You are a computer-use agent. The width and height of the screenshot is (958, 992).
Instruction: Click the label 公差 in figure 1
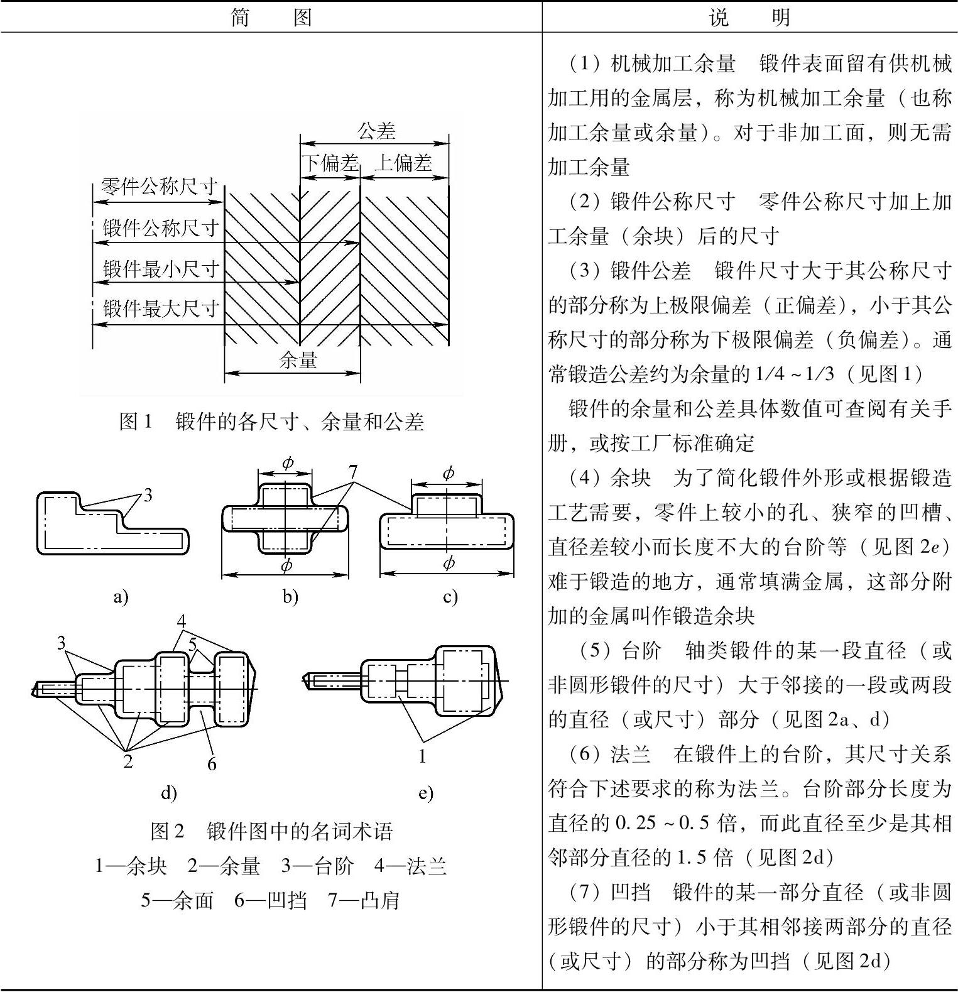376,131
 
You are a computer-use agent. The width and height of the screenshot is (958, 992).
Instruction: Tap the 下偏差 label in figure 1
330,163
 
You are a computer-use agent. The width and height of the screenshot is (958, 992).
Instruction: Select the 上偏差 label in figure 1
403,163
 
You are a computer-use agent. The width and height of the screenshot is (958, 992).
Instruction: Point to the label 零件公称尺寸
159,187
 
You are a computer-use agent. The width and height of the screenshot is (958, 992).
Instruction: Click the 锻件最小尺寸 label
161,270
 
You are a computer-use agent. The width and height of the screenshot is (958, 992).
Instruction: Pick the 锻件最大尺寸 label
161,308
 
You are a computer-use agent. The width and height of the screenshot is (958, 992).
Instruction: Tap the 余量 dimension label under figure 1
298,361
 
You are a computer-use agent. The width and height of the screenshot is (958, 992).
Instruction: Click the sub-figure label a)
121,596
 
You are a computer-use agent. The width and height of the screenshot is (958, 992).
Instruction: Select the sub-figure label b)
290,596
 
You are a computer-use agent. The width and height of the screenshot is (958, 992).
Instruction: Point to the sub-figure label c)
450,596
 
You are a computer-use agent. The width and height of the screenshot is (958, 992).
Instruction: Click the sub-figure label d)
168,793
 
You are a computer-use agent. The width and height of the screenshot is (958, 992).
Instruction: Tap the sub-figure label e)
425,793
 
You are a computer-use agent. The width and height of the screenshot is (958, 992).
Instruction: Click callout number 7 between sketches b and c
352,471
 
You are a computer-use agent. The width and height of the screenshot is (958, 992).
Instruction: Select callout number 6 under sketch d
212,763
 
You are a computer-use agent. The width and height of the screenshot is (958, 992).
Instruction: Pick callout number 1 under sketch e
422,756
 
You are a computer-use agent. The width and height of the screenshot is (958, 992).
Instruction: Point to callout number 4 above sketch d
181,621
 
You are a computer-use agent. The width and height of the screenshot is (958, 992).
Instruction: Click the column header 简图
271,17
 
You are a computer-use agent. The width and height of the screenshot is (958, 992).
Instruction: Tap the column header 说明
749,17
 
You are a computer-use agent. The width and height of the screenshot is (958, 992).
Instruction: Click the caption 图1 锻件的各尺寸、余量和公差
271,422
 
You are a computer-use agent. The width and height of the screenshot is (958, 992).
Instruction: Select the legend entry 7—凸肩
364,900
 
